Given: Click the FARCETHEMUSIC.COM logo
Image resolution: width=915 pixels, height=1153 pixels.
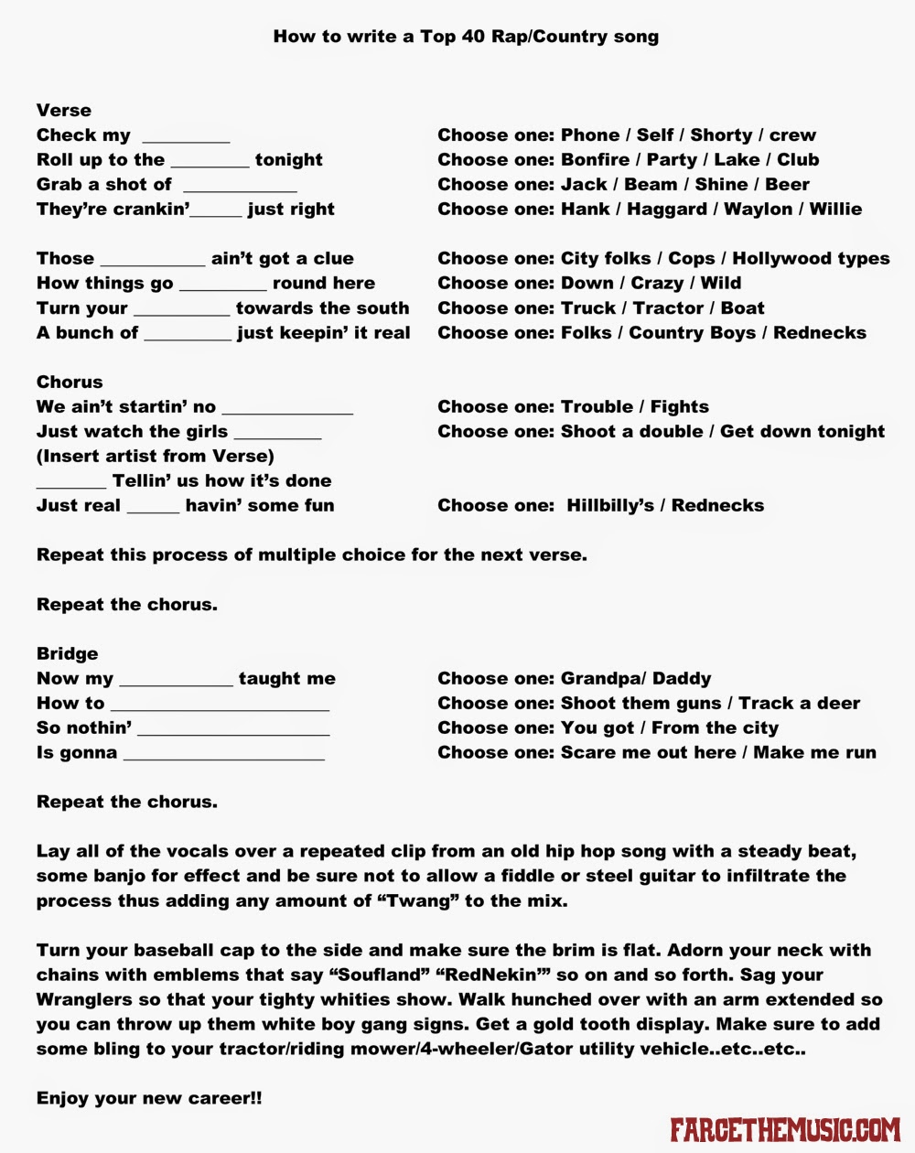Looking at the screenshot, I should tap(785, 1129).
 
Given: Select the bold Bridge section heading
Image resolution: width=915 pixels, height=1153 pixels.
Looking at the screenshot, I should tap(67, 653).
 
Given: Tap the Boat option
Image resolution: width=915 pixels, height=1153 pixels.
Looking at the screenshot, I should tap(742, 307).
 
